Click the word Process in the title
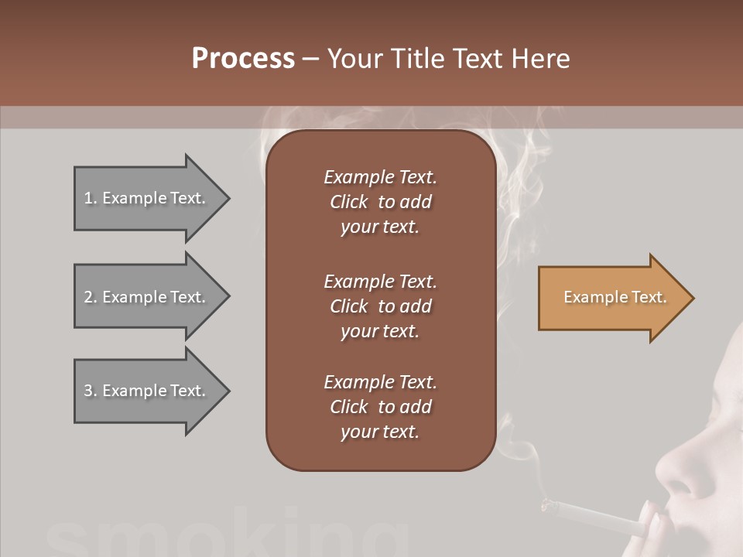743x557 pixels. (x=243, y=59)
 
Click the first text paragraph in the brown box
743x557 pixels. (x=380, y=202)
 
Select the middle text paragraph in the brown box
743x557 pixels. (x=380, y=306)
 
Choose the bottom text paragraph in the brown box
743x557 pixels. (x=380, y=407)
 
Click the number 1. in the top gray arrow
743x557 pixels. (x=91, y=198)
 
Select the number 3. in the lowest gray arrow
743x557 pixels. (x=91, y=391)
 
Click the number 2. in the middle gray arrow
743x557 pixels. (x=91, y=297)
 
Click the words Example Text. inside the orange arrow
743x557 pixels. (x=615, y=297)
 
